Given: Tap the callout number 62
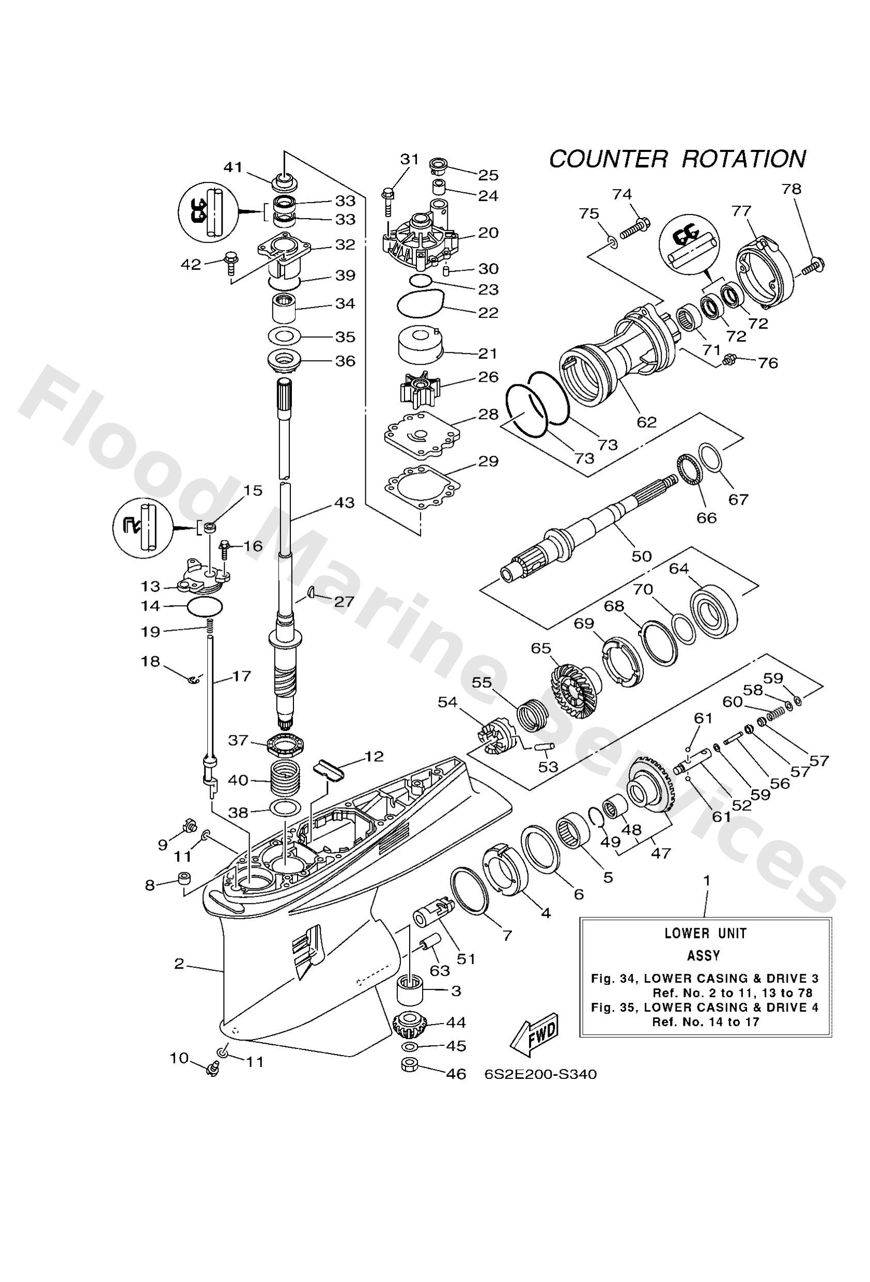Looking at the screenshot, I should (x=647, y=422).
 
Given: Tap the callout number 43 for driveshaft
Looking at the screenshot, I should (x=344, y=503).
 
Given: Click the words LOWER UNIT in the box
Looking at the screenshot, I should (x=705, y=933).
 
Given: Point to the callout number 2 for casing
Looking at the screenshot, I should (x=179, y=964).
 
